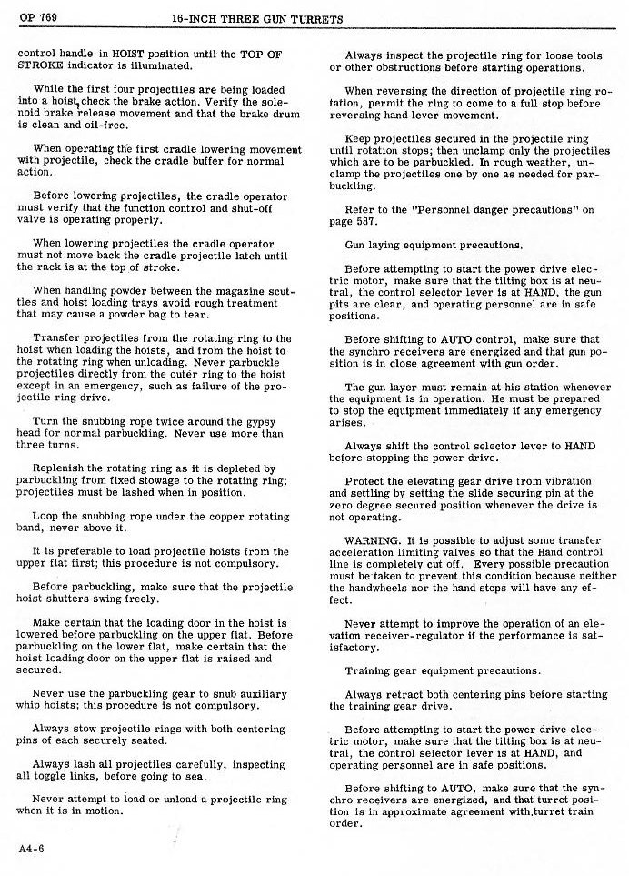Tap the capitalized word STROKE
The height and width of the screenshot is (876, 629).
coord(40,65)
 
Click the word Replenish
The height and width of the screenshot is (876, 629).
coord(60,468)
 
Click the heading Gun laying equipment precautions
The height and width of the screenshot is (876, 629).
coord(433,245)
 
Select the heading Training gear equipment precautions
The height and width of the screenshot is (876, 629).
coord(443,670)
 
